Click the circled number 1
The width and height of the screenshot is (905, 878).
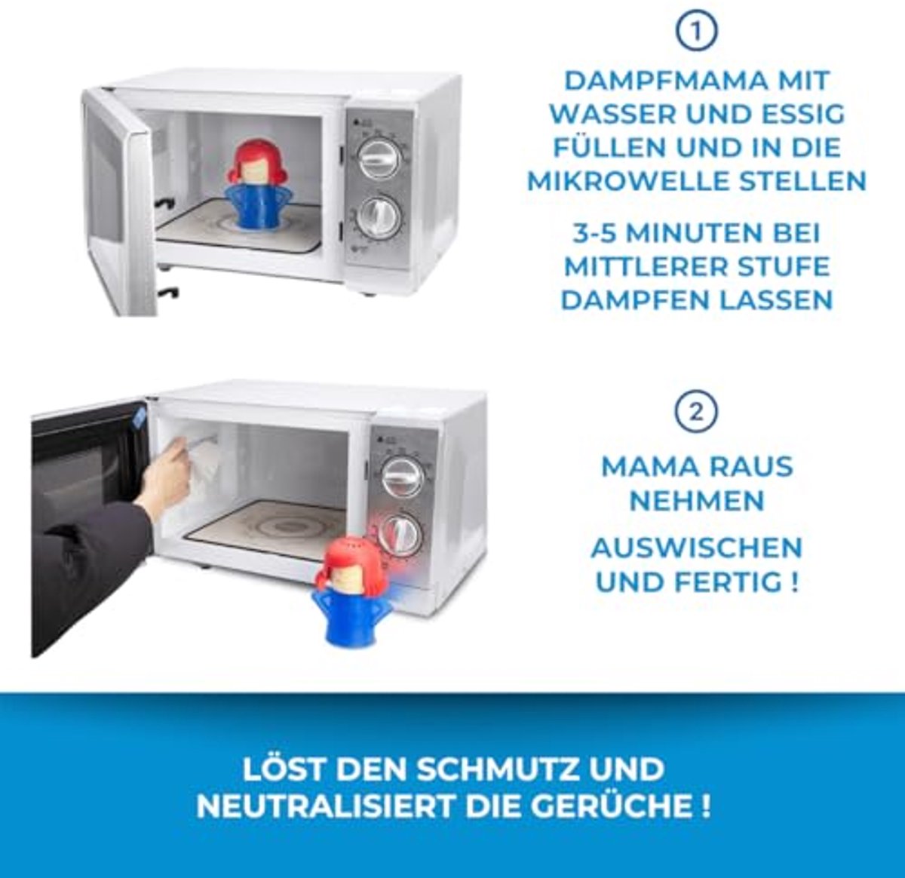696,32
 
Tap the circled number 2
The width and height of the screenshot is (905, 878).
696,412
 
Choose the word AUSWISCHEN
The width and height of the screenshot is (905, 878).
697,548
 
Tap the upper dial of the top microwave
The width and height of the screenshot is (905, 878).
380,158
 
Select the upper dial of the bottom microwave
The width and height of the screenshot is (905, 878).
403,477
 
